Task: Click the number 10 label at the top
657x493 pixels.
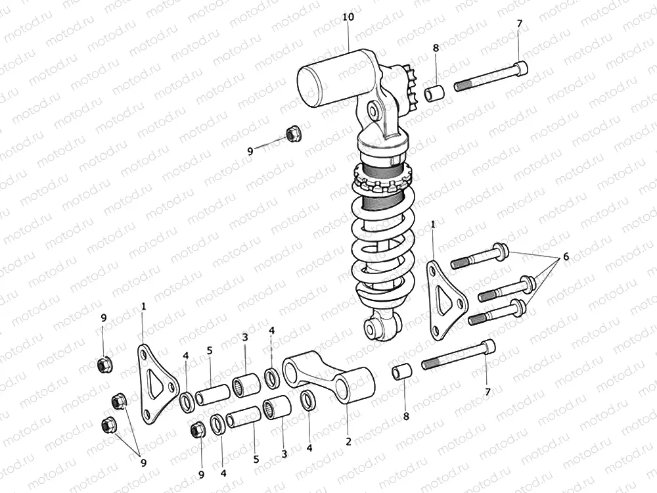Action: pos(348,17)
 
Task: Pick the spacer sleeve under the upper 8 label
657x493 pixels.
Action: pos(434,94)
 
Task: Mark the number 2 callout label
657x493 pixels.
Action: pos(349,441)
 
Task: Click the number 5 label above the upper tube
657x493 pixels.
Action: pos(210,351)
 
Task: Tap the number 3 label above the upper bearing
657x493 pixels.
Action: pos(244,337)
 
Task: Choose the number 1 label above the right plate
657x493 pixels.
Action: pos(432,225)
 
